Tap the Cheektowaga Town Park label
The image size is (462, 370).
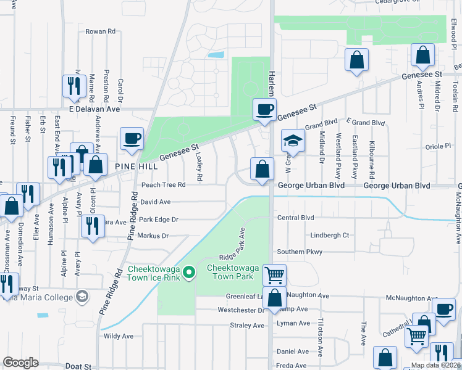[x=230, y=272]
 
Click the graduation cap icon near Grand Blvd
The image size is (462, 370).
[x=293, y=141]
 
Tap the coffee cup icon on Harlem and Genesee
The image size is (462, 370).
[x=264, y=110]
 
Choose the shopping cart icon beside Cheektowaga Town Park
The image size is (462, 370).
[x=274, y=274]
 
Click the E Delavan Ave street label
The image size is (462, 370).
[x=94, y=109]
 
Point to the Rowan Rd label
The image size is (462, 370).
[x=101, y=31]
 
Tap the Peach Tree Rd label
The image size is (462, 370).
[x=163, y=184]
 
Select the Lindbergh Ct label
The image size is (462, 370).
[x=329, y=235]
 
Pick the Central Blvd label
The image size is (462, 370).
[x=296, y=218]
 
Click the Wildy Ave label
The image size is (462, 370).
[x=119, y=336]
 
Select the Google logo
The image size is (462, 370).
[x=20, y=363]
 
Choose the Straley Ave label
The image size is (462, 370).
[x=246, y=325]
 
